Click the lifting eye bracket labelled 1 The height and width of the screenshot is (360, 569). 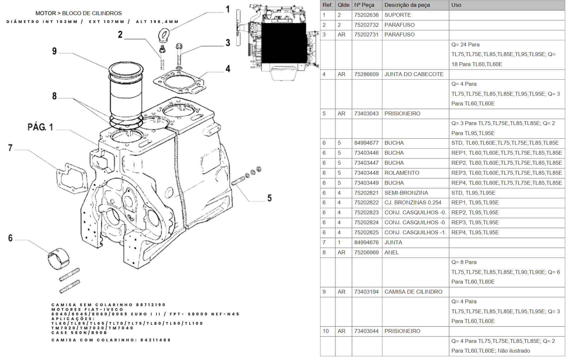[x=163, y=35]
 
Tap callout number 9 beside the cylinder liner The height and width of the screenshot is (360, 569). [x=54, y=51]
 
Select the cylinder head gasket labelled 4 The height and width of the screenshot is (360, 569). [x=179, y=82]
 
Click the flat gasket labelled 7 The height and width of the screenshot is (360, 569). [x=72, y=178]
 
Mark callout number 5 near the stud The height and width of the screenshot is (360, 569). [x=269, y=198]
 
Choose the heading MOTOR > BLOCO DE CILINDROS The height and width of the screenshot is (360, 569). [x=79, y=13]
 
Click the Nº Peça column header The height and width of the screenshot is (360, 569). [x=364, y=5]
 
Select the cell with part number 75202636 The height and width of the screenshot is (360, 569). [x=366, y=15]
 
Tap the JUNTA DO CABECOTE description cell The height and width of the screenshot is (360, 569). [x=414, y=74]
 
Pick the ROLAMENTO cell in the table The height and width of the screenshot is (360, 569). [x=402, y=173]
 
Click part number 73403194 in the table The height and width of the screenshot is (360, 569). [x=366, y=292]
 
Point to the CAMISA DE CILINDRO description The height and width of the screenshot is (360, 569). [x=413, y=292]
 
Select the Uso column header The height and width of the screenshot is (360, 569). [x=456, y=5]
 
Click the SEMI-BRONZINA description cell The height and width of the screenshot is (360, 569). [x=406, y=193]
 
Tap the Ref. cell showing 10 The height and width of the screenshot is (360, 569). [x=326, y=331]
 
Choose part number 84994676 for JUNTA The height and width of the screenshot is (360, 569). [x=366, y=242]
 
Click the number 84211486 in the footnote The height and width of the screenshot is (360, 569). [x=155, y=340]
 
